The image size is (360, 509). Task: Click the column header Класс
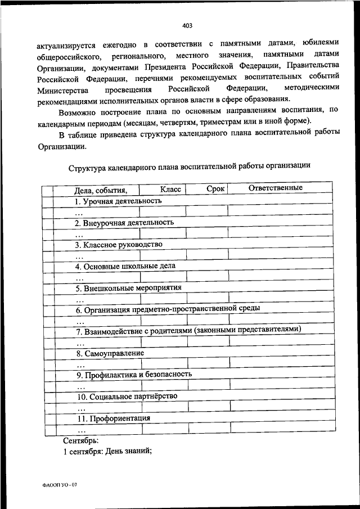tap(170, 190)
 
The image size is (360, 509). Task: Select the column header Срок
tap(215, 189)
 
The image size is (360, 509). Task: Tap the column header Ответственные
tap(276, 188)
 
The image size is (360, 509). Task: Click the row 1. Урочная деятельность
tap(118, 200)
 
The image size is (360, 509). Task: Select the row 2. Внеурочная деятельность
tap(124, 222)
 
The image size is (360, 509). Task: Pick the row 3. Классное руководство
tap(119, 244)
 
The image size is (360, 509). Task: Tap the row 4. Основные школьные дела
tap(125, 265)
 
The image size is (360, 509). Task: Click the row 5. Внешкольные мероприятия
tap(129, 287)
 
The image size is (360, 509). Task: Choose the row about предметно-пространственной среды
tap(168, 309)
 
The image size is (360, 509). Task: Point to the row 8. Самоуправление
tap(110, 353)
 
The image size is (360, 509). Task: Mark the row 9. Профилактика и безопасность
tap(134, 374)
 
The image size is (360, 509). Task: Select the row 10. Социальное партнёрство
tap(127, 396)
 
